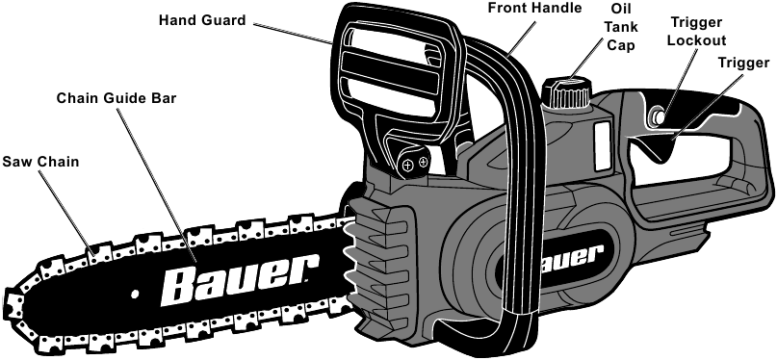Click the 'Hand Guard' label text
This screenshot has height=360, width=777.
202,19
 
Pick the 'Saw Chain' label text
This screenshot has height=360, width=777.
39,162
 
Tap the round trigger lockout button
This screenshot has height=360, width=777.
660,116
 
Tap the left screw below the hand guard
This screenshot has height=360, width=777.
408,167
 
